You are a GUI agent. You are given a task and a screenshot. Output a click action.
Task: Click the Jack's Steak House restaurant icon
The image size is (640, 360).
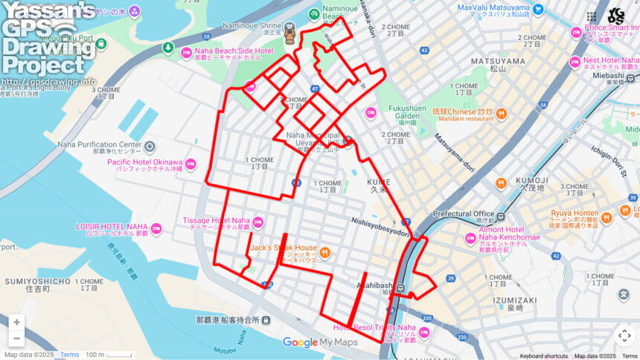(324, 253)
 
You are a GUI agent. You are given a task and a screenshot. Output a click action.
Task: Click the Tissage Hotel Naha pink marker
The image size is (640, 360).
(257, 221)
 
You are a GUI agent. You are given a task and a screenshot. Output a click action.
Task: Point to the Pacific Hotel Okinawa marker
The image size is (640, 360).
(191, 164)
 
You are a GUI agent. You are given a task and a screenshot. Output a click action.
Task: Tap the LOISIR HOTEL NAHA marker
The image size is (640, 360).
(156, 229)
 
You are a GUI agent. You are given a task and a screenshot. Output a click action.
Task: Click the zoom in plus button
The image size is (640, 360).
(16, 322)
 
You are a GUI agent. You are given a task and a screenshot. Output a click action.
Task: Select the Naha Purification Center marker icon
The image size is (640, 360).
(150, 147)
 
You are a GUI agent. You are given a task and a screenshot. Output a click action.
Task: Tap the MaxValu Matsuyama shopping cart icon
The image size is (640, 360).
(537, 10)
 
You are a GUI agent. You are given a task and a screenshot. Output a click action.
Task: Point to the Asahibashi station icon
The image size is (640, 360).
(400, 289)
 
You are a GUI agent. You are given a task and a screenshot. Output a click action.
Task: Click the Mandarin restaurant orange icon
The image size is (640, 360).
(501, 114)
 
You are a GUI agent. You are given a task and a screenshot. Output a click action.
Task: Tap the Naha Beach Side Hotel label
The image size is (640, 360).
(234, 54)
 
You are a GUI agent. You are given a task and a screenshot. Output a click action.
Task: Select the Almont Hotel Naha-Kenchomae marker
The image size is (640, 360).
(470, 239)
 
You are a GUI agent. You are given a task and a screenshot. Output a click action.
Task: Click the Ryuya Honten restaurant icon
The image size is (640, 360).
(607, 218)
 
